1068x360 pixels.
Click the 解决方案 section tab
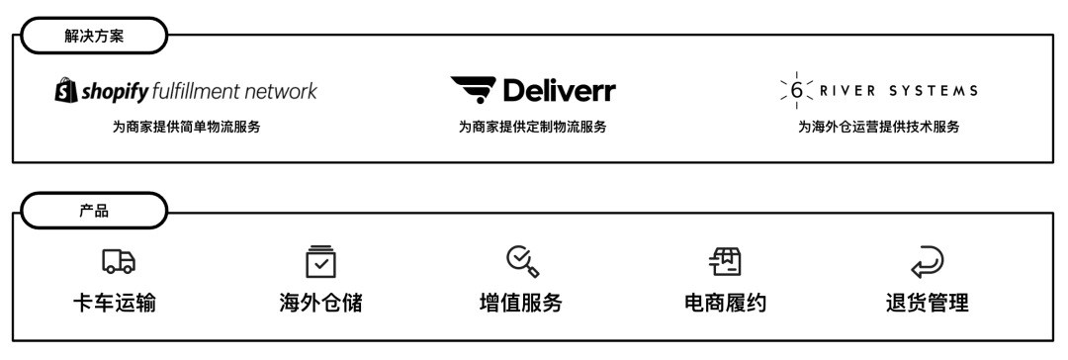(91, 36)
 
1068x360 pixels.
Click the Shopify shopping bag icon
(65, 92)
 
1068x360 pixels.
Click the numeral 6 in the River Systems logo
(796, 91)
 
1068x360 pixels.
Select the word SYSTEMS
(934, 91)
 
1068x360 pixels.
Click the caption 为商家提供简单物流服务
(186, 127)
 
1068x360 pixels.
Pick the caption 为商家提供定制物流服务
(532, 127)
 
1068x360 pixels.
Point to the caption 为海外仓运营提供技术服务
(879, 127)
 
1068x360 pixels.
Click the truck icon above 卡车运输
(119, 260)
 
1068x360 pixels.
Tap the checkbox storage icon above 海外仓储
(319, 260)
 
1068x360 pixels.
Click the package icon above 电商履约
(727, 260)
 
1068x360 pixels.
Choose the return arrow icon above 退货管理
(927, 260)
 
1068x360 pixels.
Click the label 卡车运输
(120, 303)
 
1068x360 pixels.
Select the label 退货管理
(927, 303)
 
